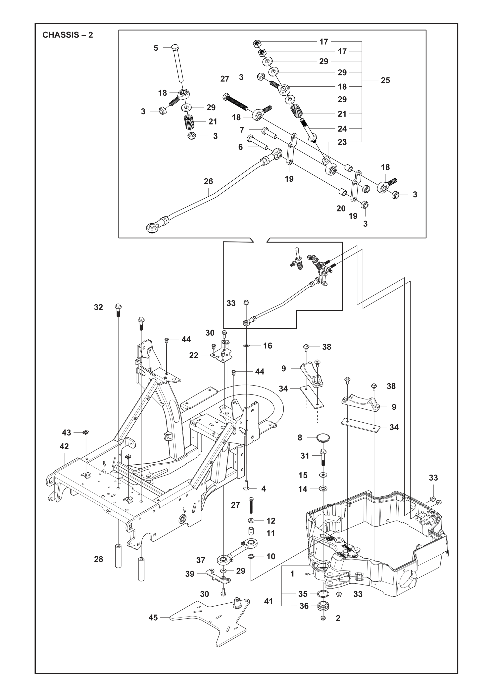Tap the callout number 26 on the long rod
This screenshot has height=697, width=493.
208,182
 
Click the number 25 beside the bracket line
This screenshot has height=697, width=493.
385,80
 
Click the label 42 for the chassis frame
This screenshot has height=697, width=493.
64,446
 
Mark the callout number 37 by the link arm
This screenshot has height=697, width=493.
201,560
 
